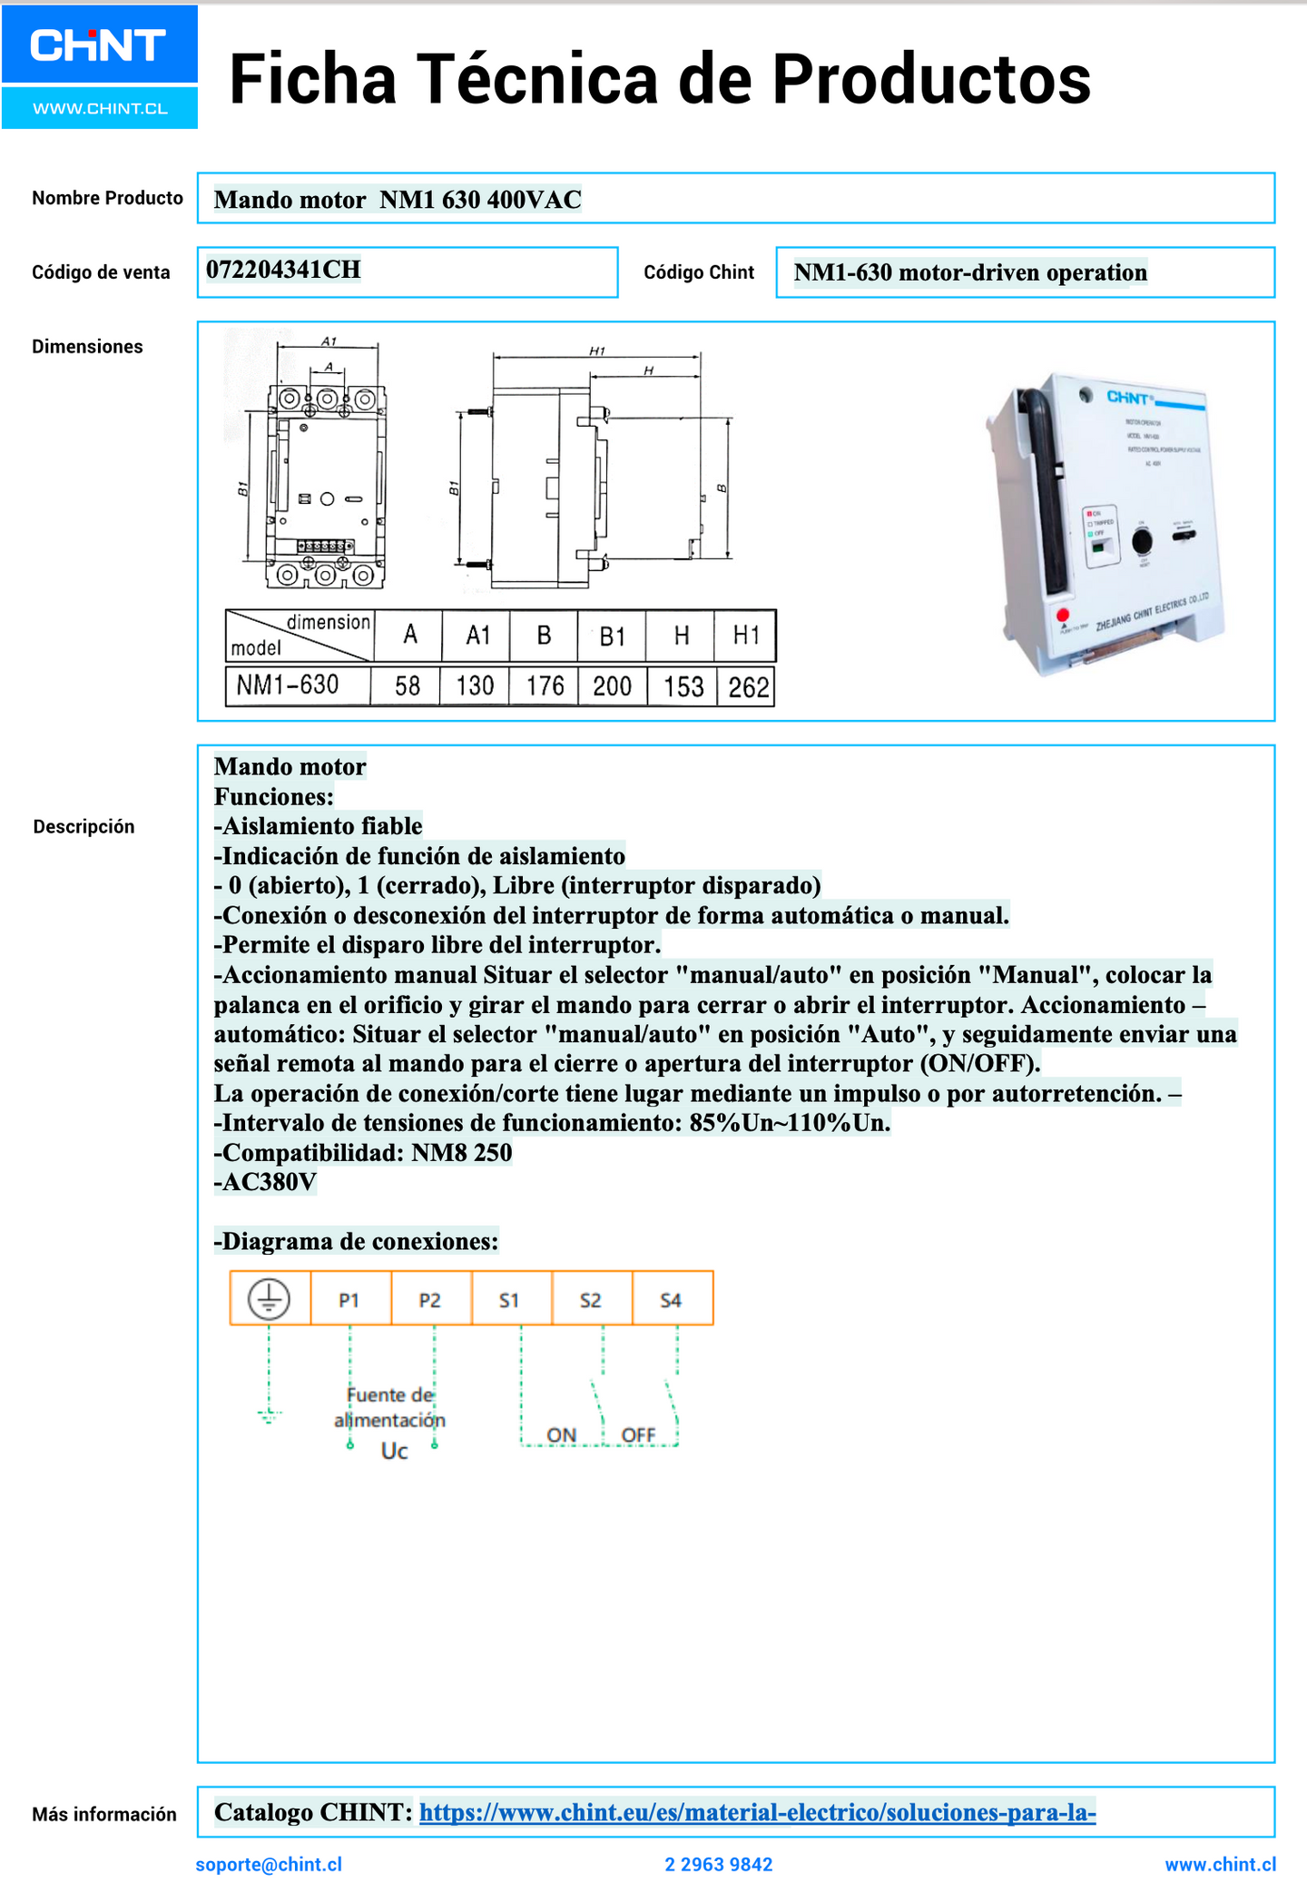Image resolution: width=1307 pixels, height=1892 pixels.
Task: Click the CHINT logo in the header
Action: (98, 45)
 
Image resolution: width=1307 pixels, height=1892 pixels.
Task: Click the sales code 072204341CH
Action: (283, 271)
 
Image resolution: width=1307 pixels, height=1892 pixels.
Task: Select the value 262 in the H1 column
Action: (748, 687)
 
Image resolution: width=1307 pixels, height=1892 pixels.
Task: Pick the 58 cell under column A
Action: (408, 686)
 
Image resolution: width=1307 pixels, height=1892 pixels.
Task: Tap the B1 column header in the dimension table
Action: (613, 636)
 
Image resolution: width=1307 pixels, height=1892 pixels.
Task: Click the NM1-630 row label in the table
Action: (288, 685)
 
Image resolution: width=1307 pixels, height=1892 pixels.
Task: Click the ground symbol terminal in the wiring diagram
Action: (270, 1299)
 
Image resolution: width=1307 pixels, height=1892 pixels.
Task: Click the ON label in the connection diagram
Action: (561, 1435)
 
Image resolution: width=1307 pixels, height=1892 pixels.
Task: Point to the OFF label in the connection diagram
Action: (638, 1435)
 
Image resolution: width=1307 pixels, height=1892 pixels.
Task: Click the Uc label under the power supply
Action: (394, 1452)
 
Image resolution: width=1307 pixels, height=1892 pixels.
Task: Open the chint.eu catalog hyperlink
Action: (757, 1813)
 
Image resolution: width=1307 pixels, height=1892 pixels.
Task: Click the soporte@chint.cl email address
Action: (269, 1865)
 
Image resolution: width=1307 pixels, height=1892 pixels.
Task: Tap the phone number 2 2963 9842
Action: (719, 1865)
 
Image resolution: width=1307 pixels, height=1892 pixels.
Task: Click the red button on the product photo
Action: (1062, 616)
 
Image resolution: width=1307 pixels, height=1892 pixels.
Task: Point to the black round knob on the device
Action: (1142, 542)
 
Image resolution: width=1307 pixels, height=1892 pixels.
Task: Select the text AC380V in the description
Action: (265, 1182)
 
